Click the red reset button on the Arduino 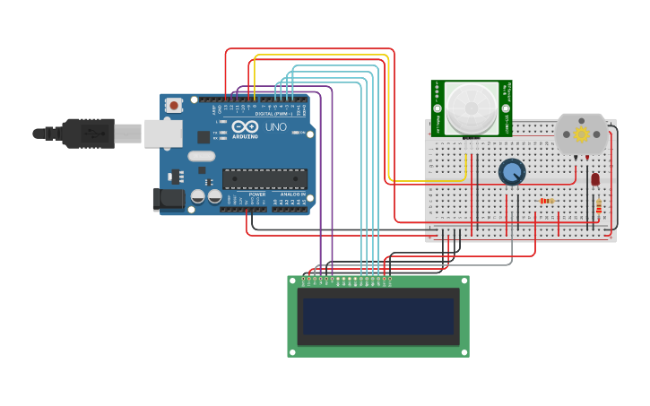click(174, 105)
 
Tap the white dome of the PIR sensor click(471, 107)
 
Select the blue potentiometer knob click(511, 171)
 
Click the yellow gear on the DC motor click(581, 134)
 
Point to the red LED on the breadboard click(595, 179)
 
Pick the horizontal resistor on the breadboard click(546, 201)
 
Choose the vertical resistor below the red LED click(599, 208)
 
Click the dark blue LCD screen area click(377, 316)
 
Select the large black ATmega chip click(264, 178)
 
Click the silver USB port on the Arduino click(163, 134)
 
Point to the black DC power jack click(168, 199)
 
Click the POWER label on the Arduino click(257, 194)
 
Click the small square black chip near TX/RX click(204, 137)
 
